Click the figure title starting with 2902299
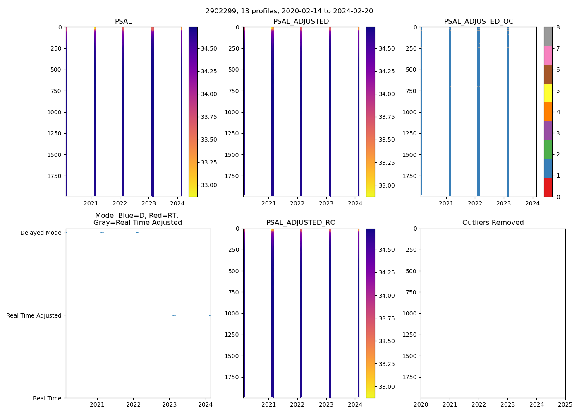pyautogui.click(x=289, y=11)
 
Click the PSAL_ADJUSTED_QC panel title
pyautogui.click(x=479, y=22)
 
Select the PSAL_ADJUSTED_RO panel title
pyautogui.click(x=301, y=223)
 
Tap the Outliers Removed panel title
pyautogui.click(x=493, y=223)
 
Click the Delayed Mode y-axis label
pyautogui.click(x=41, y=233)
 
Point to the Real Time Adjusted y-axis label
pyautogui.click(x=33, y=315)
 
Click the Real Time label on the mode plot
pyautogui.click(x=47, y=398)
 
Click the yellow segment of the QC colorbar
pyautogui.click(x=548, y=93)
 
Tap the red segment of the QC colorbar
pyautogui.click(x=548, y=188)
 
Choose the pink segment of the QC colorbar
pyautogui.click(x=548, y=55)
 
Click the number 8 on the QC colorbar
pyautogui.click(x=558, y=27)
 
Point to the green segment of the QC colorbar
pyautogui.click(x=548, y=149)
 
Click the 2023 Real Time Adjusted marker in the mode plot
pyautogui.click(x=174, y=315)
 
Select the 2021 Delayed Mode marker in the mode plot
pyautogui.click(x=102, y=233)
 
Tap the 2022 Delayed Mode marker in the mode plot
pyautogui.click(x=138, y=233)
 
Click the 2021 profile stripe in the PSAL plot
pyautogui.click(x=95, y=112)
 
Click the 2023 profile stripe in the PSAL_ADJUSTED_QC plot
pyautogui.click(x=507, y=112)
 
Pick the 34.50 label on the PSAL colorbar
pyautogui.click(x=209, y=48)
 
